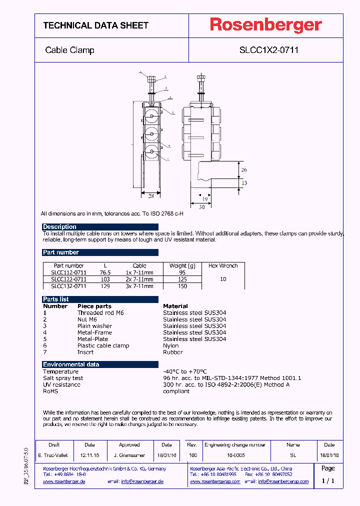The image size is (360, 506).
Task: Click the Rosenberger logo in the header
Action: click(x=265, y=25)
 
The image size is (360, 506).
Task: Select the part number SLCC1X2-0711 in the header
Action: click(x=269, y=50)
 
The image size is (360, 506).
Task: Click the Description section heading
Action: click(x=59, y=226)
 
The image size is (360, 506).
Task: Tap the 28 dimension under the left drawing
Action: click(x=150, y=195)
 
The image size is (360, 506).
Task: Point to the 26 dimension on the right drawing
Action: click(x=244, y=170)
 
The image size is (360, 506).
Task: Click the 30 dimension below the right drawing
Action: click(x=202, y=206)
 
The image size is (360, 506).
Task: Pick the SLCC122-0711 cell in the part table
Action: click(x=68, y=279)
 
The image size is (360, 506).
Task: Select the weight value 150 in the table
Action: click(x=182, y=286)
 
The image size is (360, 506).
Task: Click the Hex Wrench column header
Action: click(x=223, y=265)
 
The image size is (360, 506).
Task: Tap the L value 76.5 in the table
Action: click(x=105, y=272)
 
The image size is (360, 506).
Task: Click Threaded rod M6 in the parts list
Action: click(x=100, y=312)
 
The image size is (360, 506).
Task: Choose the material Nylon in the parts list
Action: click(x=170, y=345)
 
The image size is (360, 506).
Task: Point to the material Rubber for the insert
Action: click(x=173, y=352)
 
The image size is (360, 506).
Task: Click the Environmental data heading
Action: click(x=71, y=364)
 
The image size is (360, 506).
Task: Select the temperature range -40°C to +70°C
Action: click(x=184, y=371)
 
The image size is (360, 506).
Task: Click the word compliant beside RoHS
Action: click(x=176, y=391)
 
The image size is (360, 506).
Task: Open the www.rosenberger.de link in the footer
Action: click(x=64, y=481)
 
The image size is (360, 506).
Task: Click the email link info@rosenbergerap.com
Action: click(x=283, y=481)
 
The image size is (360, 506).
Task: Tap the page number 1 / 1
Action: click(x=328, y=481)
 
